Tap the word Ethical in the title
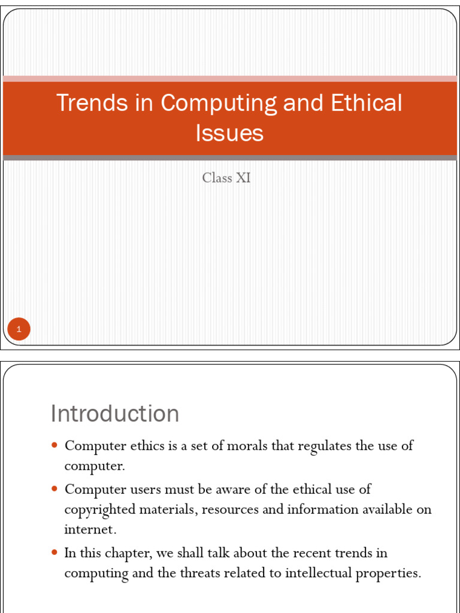(x=367, y=103)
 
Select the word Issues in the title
(x=229, y=132)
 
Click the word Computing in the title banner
(x=219, y=104)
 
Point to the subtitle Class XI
(x=226, y=177)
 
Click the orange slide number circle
(x=19, y=329)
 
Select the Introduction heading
(x=115, y=414)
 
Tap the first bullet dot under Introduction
(x=55, y=445)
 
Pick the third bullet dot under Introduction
(x=55, y=552)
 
